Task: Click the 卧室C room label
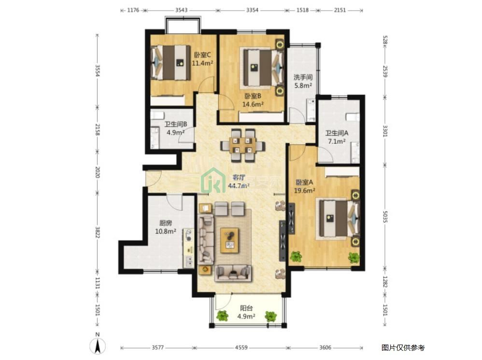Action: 202,55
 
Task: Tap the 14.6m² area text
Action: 253,104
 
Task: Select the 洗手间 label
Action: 303,77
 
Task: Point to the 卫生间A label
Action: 337,133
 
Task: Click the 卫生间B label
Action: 175,124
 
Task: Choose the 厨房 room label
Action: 165,223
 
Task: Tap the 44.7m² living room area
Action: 239,185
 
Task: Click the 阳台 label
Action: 246,308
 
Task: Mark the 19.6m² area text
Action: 304,191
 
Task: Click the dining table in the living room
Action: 242,145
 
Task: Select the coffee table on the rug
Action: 229,240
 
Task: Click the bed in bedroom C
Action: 170,63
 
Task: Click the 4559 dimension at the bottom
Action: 241,347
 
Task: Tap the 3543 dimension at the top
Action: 182,10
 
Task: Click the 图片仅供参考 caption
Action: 403,347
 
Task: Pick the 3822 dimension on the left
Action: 98,232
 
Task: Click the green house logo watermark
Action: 213,180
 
